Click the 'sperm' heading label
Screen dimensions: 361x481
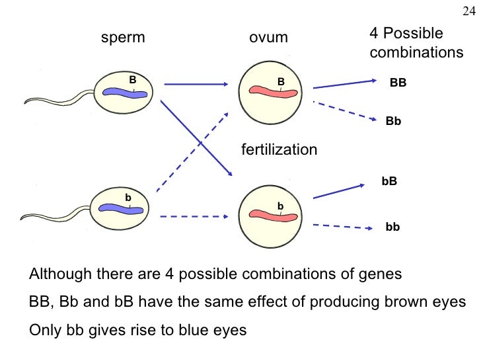pos(122,38)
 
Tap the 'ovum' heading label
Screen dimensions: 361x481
pos(268,38)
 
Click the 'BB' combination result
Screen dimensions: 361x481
pos(398,84)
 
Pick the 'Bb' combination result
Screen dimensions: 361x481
pos(394,122)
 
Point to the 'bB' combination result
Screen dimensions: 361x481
pos(390,180)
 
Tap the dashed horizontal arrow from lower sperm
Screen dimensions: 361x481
pos(195,216)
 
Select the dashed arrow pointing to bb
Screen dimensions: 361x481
pos(340,226)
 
